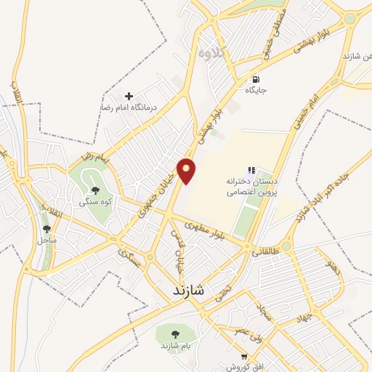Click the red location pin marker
tap(187, 170)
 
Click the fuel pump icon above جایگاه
tap(255, 79)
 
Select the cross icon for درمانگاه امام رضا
tap(129, 96)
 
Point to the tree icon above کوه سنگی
tap(95, 191)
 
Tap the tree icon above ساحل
tap(47, 229)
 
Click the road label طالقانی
tap(264, 252)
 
